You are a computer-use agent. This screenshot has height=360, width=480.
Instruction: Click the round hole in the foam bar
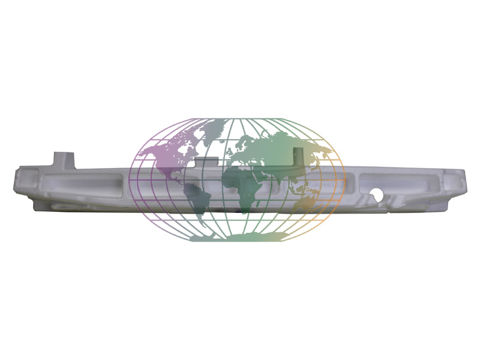pos(377,195)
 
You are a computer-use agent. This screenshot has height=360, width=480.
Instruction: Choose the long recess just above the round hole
pos(396,181)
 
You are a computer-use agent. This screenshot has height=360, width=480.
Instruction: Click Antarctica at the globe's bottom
pos(240,237)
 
